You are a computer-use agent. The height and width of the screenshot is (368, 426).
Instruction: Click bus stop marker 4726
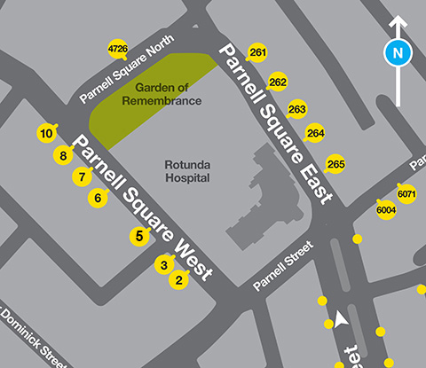click(117, 49)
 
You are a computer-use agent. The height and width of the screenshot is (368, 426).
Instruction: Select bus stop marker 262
click(278, 82)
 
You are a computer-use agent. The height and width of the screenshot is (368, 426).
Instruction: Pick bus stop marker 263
click(297, 109)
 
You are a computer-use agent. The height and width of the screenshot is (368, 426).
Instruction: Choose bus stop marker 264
click(315, 134)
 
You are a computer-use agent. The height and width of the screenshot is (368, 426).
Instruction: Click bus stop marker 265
click(335, 164)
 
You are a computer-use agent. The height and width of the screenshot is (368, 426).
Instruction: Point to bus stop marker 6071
click(406, 193)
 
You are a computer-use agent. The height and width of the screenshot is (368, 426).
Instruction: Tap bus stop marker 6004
click(386, 210)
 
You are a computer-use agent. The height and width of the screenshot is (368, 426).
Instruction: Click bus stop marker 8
click(62, 156)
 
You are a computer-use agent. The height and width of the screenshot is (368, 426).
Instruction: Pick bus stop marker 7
click(82, 176)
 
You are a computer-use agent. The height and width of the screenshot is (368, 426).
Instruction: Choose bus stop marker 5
click(138, 236)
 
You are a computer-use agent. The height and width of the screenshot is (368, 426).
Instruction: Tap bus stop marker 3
click(163, 264)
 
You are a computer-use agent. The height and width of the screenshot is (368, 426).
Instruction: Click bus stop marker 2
click(178, 280)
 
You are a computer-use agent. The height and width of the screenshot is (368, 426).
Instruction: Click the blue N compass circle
click(398, 53)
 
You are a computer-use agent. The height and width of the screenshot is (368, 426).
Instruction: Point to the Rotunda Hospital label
click(186, 171)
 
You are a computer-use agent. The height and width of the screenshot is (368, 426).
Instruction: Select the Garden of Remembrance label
click(168, 94)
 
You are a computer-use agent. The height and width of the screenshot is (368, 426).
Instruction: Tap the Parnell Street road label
click(283, 273)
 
